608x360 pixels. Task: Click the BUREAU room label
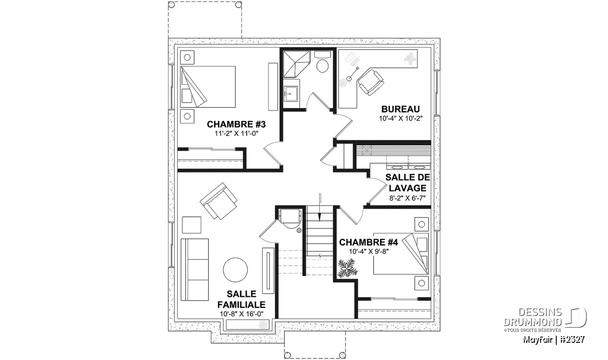pyautogui.click(x=400, y=109)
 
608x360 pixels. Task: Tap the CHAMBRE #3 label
pyautogui.click(x=236, y=124)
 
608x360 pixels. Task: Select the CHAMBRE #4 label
pyautogui.click(x=369, y=242)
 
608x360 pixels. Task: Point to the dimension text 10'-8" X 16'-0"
pyautogui.click(x=242, y=314)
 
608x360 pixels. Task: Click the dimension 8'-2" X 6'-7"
pyautogui.click(x=407, y=198)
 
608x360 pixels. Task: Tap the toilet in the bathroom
pyautogui.click(x=322, y=62)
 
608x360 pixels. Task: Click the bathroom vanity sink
pyautogui.click(x=291, y=94)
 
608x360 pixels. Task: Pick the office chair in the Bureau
pyautogui.click(x=370, y=82)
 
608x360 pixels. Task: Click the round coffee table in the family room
pyautogui.click(x=235, y=270)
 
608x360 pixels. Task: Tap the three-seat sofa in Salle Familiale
pyautogui.click(x=195, y=270)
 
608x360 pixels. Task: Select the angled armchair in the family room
pyautogui.click(x=218, y=201)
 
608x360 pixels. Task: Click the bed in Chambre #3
pyautogui.click(x=208, y=87)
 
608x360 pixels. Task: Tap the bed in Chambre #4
pyautogui.click(x=401, y=253)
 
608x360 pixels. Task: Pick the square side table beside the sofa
pyautogui.click(x=192, y=225)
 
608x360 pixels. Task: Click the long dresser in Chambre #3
pyautogui.click(x=273, y=87)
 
